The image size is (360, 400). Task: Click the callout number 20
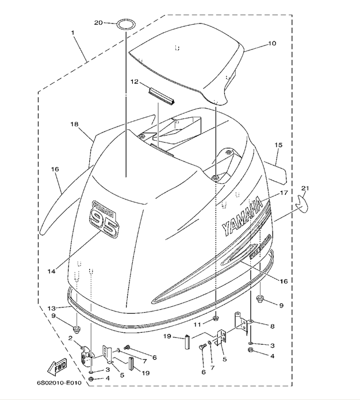[98, 22]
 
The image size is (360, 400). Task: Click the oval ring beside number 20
[127, 24]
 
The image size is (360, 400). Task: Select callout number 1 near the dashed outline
[73, 33]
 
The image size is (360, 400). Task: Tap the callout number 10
[272, 43]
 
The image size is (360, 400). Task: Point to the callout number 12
[134, 82]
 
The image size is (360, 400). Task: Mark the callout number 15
[278, 145]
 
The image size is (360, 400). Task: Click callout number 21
[305, 189]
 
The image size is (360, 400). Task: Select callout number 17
[282, 193]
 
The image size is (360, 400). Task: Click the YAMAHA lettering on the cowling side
[242, 215]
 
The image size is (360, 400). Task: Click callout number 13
[51, 308]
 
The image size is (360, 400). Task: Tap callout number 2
[70, 339]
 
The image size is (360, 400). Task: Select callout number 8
[272, 326]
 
